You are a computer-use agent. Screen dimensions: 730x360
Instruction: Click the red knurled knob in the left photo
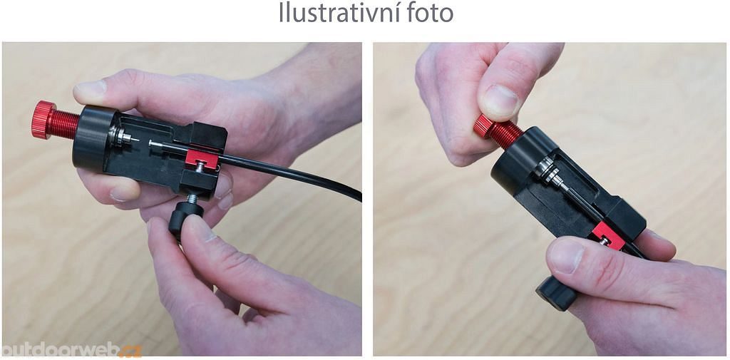(x=43, y=120)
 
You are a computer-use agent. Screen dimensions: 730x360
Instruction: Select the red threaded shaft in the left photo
(x=64, y=124)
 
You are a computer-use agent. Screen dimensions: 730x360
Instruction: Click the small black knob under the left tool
(x=185, y=220)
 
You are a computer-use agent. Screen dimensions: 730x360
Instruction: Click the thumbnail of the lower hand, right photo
(x=565, y=256)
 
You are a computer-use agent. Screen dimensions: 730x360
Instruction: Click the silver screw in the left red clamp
(x=200, y=166)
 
